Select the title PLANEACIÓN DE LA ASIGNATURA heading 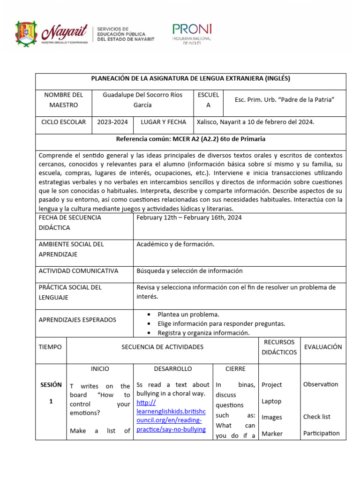pyautogui.click(x=190, y=79)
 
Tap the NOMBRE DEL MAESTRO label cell pyautogui.click(x=64, y=100)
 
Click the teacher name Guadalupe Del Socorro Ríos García pyautogui.click(x=142, y=100)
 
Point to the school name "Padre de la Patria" pyautogui.click(x=284, y=99)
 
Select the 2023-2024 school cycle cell pyautogui.click(x=112, y=122)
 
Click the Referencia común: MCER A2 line pyautogui.click(x=190, y=139)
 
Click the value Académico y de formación pyautogui.click(x=175, y=244)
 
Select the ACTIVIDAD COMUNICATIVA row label pyautogui.click(x=78, y=271)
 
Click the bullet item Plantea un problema pyautogui.click(x=188, y=315)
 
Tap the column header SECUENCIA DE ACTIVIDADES pyautogui.click(x=162, y=347)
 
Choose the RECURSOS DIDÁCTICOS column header pyautogui.click(x=279, y=347)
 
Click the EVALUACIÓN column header pyautogui.click(x=323, y=347)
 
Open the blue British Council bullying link pyautogui.click(x=172, y=416)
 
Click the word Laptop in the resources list pyautogui.click(x=271, y=401)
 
